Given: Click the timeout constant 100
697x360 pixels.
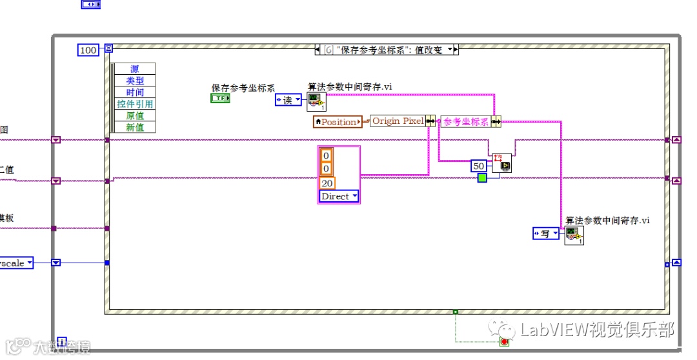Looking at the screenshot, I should [88, 50].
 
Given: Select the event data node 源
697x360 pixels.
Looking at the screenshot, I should [135, 69].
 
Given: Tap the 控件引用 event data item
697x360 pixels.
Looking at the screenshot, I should [135, 104].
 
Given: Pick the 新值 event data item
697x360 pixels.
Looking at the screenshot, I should [135, 127].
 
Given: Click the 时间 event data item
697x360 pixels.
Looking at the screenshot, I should [135, 92].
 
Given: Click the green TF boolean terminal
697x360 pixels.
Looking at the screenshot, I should [220, 98].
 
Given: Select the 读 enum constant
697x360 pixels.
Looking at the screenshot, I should [288, 99].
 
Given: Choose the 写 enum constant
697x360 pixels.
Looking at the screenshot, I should [546, 234].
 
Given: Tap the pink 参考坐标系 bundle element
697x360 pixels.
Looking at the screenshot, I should [466, 121].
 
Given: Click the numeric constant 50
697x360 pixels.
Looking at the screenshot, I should [479, 166].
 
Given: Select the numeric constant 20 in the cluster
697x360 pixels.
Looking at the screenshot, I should [327, 183].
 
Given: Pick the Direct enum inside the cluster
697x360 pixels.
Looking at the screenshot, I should [339, 196].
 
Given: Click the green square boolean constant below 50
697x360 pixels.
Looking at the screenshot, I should [482, 177].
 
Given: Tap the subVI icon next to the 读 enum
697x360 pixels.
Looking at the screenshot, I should [316, 101].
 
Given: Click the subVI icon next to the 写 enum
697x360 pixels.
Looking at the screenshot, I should [574, 235].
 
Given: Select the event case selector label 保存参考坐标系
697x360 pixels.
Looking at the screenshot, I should [387, 50].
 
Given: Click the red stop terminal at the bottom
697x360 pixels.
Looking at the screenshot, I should [504, 341].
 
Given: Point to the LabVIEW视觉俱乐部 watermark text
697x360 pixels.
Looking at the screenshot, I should [597, 330].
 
